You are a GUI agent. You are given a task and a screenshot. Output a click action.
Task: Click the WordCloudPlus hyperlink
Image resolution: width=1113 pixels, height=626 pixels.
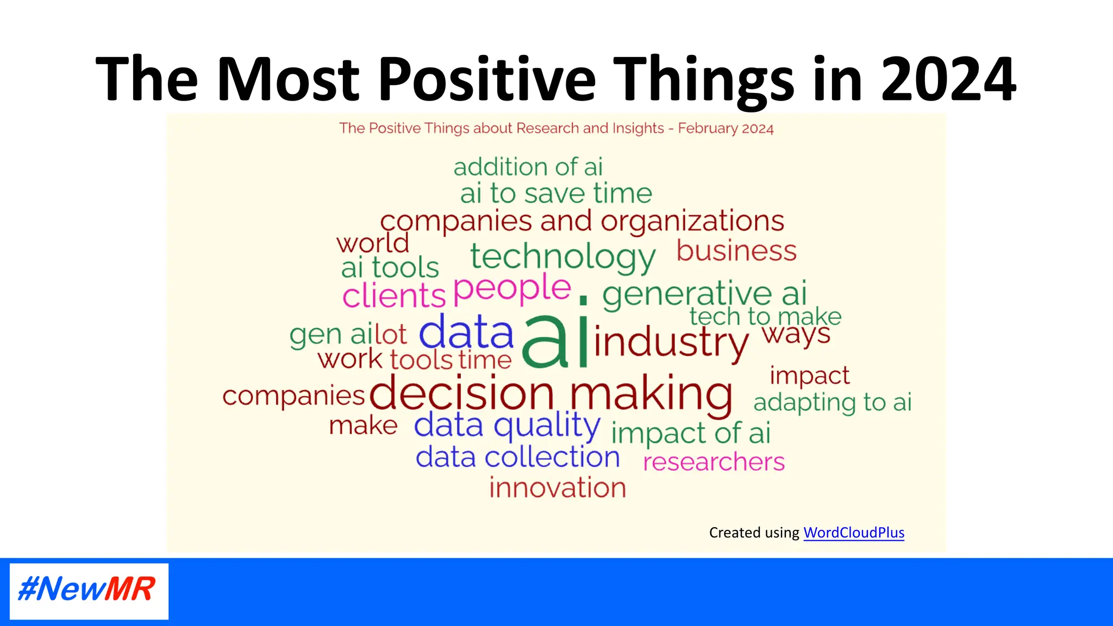point(853,533)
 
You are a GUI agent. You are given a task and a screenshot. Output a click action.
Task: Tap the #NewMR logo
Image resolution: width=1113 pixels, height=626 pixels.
point(89,591)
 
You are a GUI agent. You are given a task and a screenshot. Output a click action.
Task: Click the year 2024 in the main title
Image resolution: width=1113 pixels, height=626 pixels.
point(948,79)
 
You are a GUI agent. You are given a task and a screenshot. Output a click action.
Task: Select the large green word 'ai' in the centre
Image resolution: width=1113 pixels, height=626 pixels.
point(555,341)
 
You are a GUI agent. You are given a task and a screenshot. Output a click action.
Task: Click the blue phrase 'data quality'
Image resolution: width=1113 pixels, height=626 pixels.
point(507,425)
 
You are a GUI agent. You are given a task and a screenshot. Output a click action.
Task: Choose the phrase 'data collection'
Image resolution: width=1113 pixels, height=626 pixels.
point(517,457)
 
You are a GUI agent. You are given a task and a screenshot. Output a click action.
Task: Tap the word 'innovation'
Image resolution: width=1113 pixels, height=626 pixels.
point(558,487)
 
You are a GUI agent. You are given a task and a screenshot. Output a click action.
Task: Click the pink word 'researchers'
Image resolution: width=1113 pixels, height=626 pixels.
point(714,462)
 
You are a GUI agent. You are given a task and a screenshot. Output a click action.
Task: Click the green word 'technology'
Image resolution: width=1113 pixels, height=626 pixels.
point(563,256)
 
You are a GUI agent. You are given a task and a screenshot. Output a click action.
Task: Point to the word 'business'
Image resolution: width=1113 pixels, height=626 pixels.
point(736,251)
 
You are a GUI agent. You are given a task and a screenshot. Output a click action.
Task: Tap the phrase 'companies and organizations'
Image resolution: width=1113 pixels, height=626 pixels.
point(581,221)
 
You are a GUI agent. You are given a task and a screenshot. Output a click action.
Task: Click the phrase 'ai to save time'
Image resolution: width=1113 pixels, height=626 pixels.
point(556,193)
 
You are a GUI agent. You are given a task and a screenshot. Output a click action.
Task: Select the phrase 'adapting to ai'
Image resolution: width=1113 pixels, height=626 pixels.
point(832,403)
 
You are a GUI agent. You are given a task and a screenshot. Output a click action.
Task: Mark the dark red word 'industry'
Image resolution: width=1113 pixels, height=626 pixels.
point(671,342)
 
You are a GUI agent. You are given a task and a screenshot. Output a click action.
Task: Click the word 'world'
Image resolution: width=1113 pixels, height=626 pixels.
point(373,243)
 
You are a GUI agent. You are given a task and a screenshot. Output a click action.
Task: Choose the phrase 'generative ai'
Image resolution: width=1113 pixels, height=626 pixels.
point(704,294)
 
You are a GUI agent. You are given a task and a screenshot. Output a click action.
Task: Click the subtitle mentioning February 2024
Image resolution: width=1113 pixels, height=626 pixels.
point(556,128)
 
